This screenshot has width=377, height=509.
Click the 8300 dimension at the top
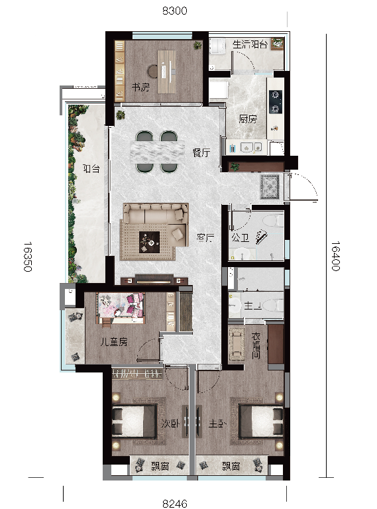pos(174,11)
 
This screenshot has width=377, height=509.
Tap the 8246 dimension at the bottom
pos(175,504)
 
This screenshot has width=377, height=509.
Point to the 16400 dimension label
pos(335,256)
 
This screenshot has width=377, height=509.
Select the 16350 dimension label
pos(28,256)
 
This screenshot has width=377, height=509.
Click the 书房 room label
pos(140,87)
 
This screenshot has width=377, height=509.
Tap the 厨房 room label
pos(248,119)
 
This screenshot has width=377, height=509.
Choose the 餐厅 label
pos(201,152)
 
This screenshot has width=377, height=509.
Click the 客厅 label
pos(205,238)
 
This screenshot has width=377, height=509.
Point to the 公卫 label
pos(240,238)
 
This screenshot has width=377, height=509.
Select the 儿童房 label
pos(113,342)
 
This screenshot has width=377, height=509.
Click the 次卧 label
pos(170,424)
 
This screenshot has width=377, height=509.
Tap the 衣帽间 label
pos(256,345)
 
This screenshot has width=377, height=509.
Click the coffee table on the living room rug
pos(149,242)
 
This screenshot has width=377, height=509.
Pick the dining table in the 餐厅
pos(157,152)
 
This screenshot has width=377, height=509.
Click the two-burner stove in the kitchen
pos(276,102)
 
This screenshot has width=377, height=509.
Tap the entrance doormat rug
pos(270,187)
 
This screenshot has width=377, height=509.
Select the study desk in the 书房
pos(167,72)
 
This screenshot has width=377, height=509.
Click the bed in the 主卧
pos(260,421)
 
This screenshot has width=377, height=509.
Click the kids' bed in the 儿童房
pos(121,308)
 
